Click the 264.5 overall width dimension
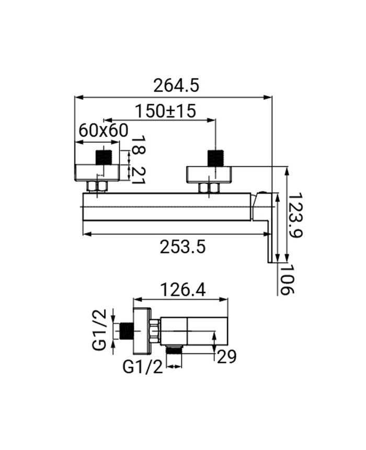coord(176,85)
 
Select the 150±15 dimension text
coord(166,111)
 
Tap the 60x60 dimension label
coord(104,131)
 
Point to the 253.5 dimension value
coord(182,247)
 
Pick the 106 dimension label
coord(287,280)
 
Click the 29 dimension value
coord(226,357)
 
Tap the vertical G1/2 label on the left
coord(99,330)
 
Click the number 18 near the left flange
coord(138,144)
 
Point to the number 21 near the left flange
coord(138,176)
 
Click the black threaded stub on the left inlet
coord(103,157)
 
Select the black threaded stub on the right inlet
coord(215,158)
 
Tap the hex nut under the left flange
coord(97,187)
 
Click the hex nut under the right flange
coord(209,188)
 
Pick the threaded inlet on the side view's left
coord(126,330)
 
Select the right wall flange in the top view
coord(209,174)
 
